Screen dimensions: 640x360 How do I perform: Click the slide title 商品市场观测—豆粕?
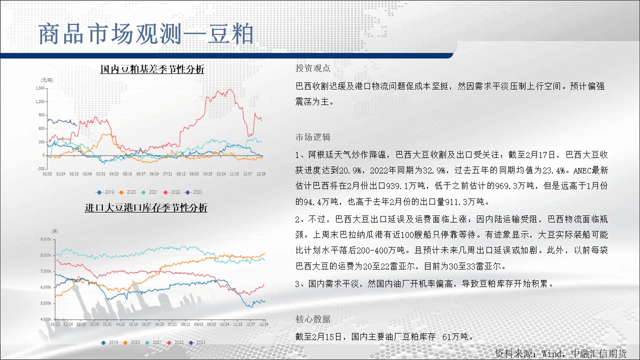[146, 34]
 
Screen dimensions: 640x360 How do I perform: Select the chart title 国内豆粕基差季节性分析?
[152, 69]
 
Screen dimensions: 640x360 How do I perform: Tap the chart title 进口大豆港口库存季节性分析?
[146, 207]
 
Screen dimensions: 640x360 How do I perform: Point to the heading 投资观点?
[313, 68]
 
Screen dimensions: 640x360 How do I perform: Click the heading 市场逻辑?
[313, 137]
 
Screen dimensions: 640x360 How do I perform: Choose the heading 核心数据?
[313, 319]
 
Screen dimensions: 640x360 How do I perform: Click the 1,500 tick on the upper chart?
[40, 88]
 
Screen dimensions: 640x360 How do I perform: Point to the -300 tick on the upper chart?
[41, 168]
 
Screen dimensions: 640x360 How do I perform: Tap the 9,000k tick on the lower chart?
[45, 239]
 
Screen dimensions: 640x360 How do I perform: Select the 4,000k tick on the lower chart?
[45, 319]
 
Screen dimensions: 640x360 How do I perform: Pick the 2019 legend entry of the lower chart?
[109, 342]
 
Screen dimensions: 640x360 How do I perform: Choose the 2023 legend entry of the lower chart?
[197, 342]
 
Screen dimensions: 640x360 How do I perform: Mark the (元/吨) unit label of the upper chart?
[47, 80]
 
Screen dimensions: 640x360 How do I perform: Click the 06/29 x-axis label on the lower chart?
[159, 324]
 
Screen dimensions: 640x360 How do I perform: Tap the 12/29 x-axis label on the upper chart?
[261, 173]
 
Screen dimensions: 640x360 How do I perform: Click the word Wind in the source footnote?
[551, 353]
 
